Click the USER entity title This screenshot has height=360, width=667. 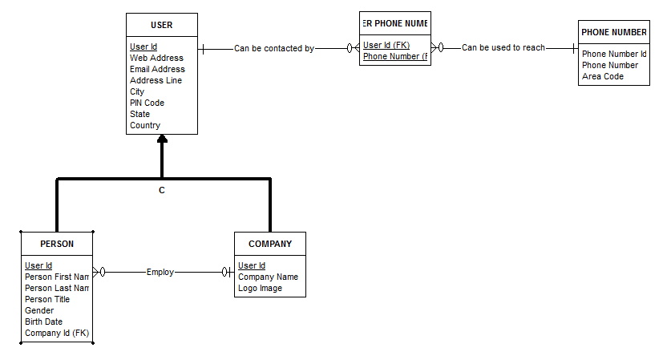point(161,25)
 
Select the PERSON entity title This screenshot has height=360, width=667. point(57,244)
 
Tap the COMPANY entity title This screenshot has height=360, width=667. point(270,244)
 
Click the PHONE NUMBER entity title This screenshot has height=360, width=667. point(614,32)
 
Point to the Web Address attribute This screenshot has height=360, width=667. point(156,58)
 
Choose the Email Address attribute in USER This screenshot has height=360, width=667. point(157,69)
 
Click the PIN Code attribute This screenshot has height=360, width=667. point(147,103)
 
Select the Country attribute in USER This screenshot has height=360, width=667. point(145,125)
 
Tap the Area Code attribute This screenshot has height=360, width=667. point(603,76)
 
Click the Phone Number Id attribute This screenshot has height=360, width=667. point(614,54)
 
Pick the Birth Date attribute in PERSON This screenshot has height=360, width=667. point(45,322)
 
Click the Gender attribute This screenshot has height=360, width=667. point(39,310)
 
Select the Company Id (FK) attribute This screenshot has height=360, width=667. point(57,333)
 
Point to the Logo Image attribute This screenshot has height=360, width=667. point(260,288)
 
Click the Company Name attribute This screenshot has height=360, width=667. point(268,277)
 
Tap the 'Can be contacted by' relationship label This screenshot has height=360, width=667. point(274,48)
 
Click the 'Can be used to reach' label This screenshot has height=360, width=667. point(503,48)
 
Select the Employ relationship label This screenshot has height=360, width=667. point(160,272)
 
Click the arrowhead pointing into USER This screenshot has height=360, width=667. point(162,140)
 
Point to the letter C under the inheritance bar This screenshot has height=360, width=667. point(162,190)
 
